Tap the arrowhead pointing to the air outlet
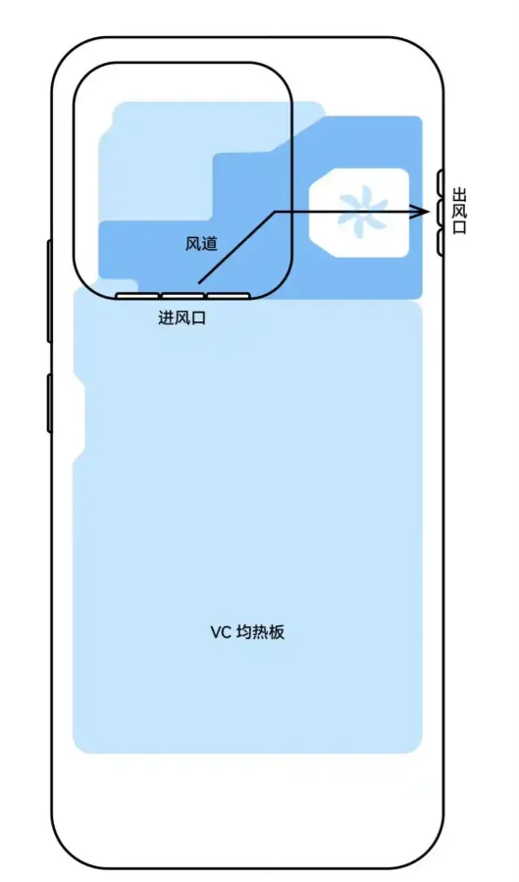pyautogui.click(x=421, y=212)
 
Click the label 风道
pyautogui.click(x=201, y=244)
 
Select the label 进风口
pyautogui.click(x=182, y=318)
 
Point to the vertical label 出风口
pyautogui.click(x=459, y=212)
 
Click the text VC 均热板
pyautogui.click(x=247, y=632)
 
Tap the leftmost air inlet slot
pyautogui.click(x=137, y=296)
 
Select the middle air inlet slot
pyautogui.click(x=182, y=296)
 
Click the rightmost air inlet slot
pyautogui.click(x=229, y=296)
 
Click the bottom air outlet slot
pyautogui.click(x=441, y=243)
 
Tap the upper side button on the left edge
pyautogui.click(x=49, y=291)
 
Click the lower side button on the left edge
pyautogui.click(x=49, y=404)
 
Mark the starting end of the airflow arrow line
pyautogui.click(x=199, y=281)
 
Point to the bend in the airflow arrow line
pyautogui.click(x=275, y=212)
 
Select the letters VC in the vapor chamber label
pyautogui.click(x=221, y=633)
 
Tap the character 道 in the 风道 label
pyautogui.click(x=210, y=244)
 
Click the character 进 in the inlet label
pyautogui.click(x=166, y=318)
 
